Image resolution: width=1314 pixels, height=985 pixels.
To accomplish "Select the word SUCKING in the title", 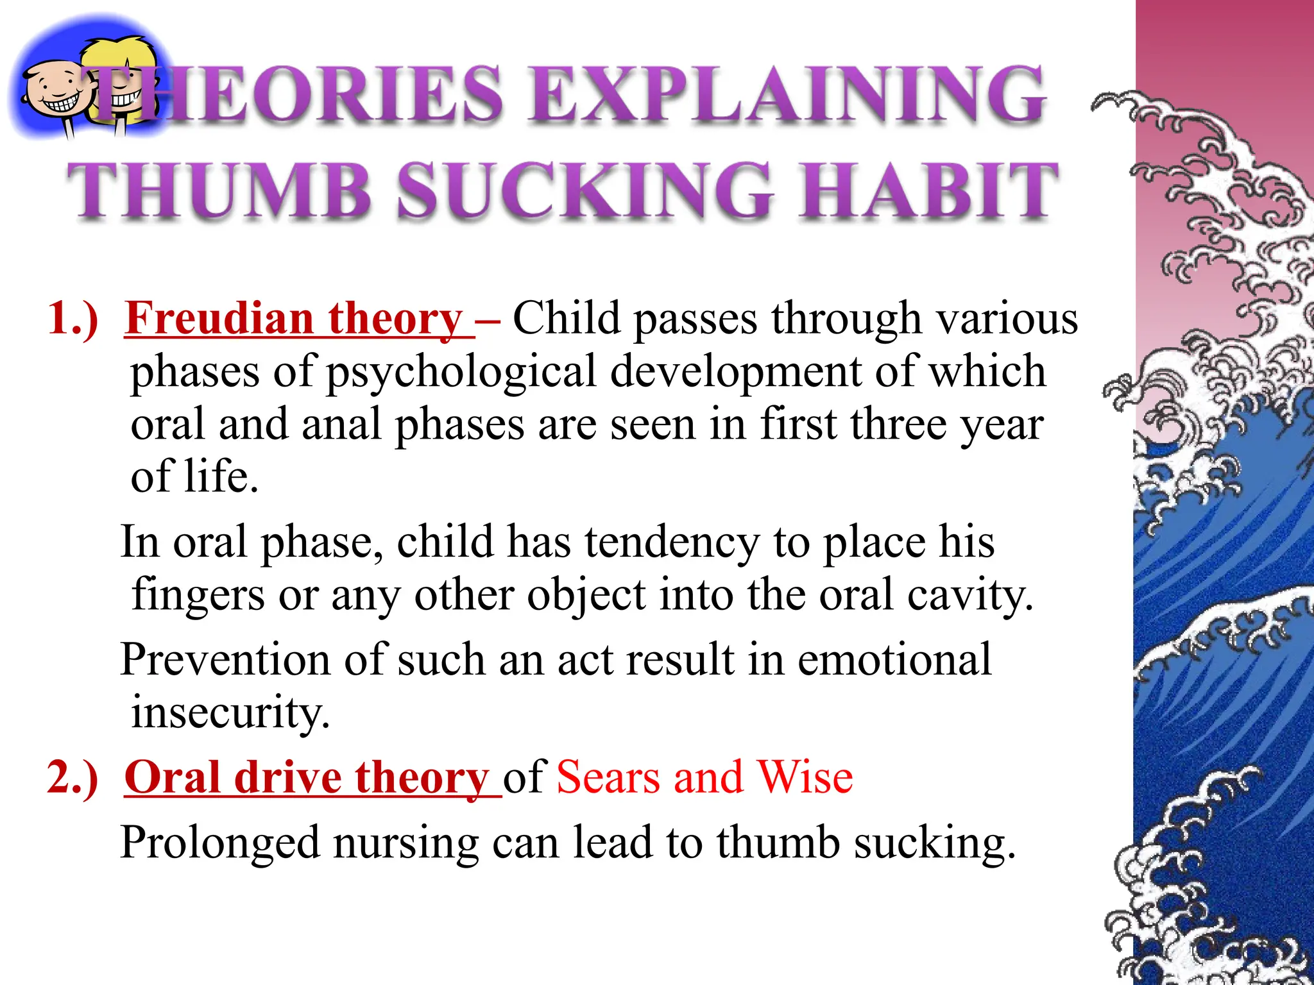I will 584,190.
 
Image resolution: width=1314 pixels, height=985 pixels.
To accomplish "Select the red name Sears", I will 608,777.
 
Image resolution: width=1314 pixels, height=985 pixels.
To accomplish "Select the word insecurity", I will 230,713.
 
